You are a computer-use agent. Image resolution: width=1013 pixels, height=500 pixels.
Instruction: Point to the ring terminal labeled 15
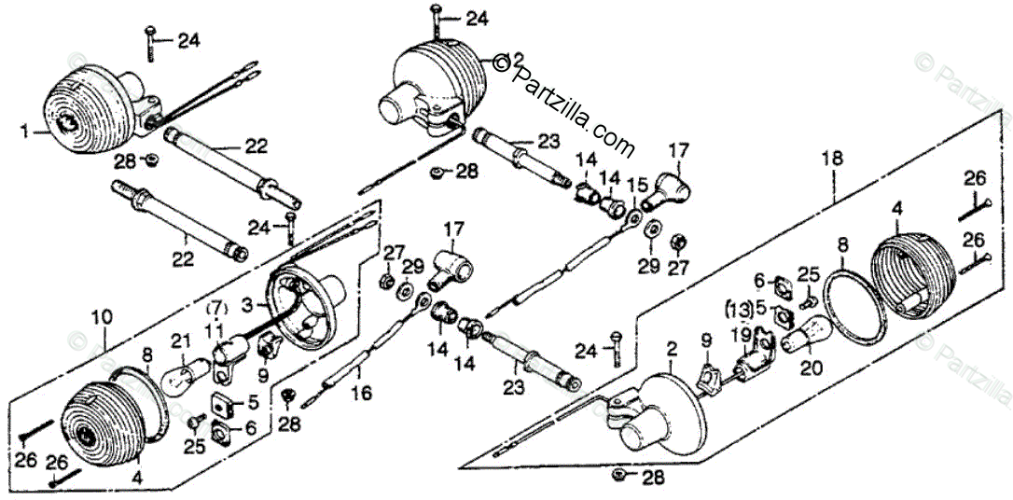point(633,222)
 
